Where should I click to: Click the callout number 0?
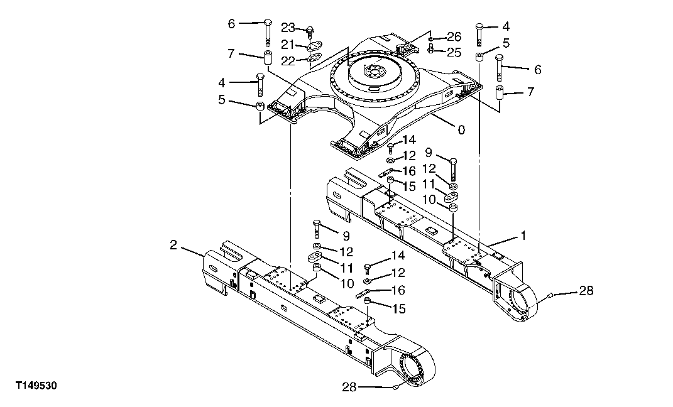coord(462,130)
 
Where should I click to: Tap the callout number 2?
coord(173,244)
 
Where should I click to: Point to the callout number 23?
coord(288,28)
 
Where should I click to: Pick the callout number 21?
coord(288,44)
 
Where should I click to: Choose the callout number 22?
coord(288,60)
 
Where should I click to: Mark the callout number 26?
coord(454,36)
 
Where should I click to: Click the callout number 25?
coord(454,51)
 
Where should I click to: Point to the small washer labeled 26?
coord(431,40)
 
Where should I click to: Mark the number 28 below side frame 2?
coord(349,387)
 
